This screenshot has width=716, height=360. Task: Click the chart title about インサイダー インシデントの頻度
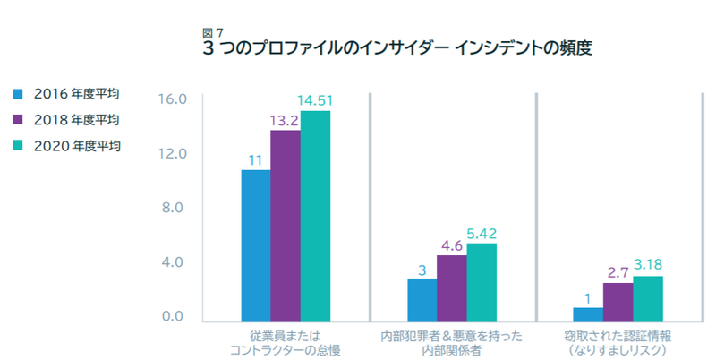(398, 48)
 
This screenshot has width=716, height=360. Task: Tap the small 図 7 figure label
(214, 32)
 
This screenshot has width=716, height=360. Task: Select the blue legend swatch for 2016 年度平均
(18, 92)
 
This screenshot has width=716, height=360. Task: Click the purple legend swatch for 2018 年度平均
(18, 118)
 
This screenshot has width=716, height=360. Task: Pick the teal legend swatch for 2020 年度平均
(18, 144)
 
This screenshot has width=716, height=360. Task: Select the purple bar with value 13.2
(286, 225)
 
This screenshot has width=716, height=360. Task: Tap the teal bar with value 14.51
(315, 216)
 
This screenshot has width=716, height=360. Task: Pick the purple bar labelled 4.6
(452, 287)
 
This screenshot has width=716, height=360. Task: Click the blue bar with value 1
(588, 313)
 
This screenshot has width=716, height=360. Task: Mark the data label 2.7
(618, 270)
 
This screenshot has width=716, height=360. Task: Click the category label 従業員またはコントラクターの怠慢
(286, 343)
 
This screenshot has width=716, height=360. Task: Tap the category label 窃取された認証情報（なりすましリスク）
(618, 343)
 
